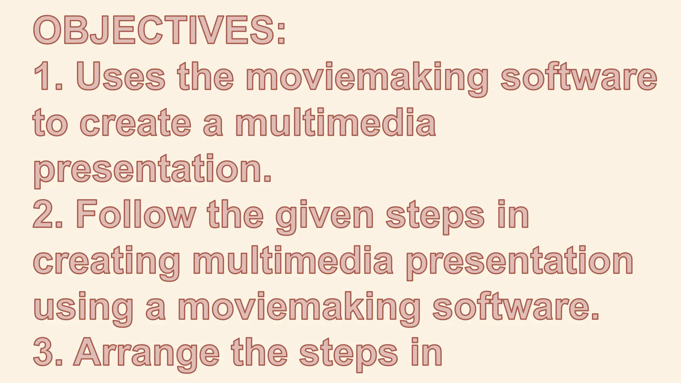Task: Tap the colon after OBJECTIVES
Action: [281, 33]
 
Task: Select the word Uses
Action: [121, 76]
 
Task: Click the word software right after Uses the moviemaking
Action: [579, 76]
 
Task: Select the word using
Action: [83, 308]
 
